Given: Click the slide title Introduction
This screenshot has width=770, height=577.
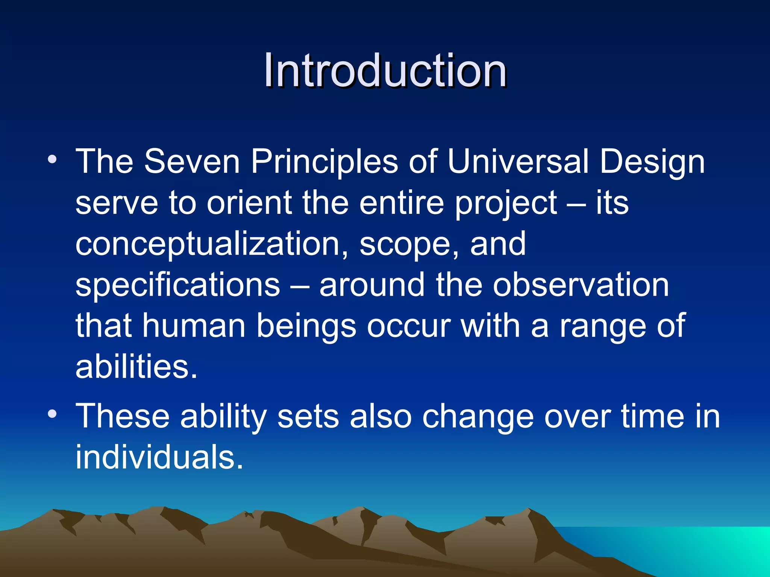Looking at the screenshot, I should [x=385, y=70].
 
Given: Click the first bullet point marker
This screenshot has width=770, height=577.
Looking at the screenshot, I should [x=52, y=159].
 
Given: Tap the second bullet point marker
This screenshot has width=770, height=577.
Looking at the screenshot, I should [x=52, y=414].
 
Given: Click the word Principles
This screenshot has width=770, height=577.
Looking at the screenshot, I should [x=324, y=162].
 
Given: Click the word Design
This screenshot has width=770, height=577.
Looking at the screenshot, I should [x=652, y=162].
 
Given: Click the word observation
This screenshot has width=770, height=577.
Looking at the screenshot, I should [x=581, y=285].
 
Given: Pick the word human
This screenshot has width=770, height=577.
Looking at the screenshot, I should [x=194, y=326].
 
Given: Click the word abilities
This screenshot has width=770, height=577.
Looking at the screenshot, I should [x=136, y=367].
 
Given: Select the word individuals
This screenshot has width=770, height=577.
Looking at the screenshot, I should [x=159, y=458].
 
